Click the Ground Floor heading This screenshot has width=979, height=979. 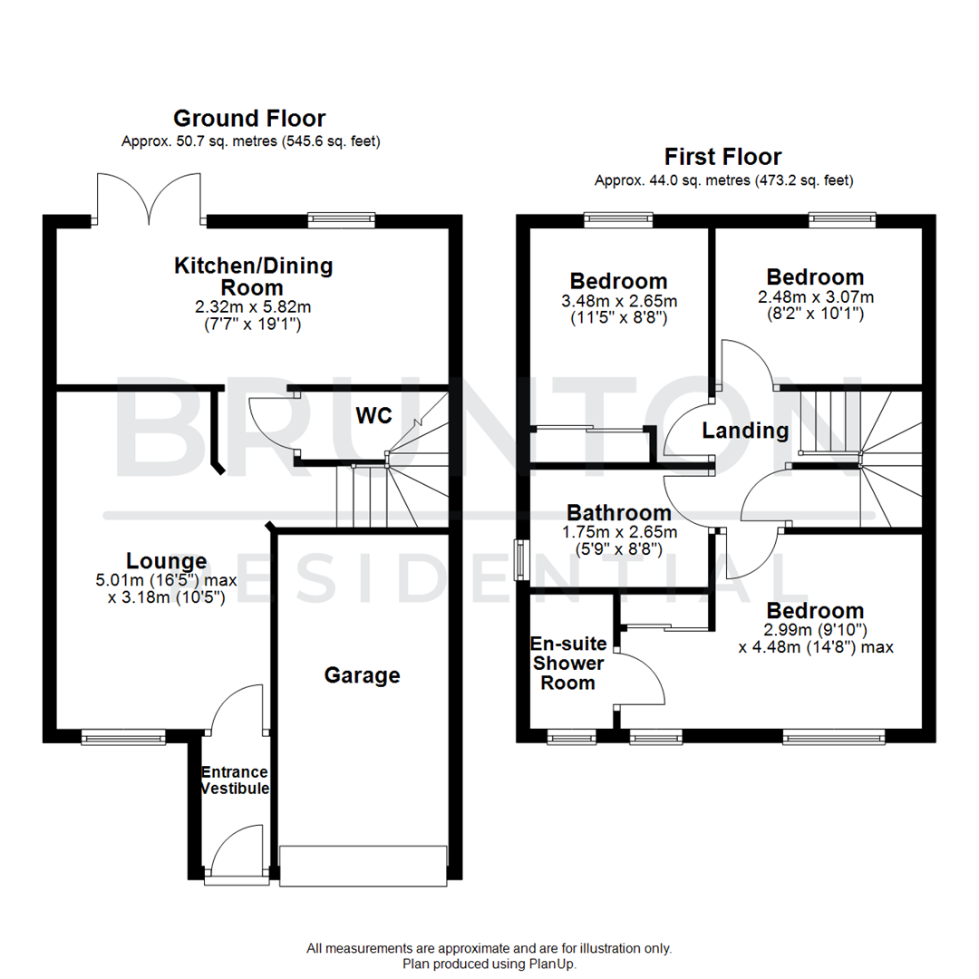(x=249, y=119)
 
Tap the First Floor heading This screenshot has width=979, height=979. (x=722, y=157)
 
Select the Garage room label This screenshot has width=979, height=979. (x=363, y=675)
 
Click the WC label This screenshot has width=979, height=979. (x=373, y=416)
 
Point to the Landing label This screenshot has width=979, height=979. (x=745, y=431)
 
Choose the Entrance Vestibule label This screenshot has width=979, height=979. (x=234, y=780)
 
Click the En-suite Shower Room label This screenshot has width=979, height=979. (x=568, y=663)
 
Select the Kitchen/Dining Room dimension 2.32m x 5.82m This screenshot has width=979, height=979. (x=253, y=307)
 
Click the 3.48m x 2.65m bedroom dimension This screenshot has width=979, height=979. (x=618, y=301)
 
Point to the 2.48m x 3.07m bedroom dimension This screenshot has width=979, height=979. (x=815, y=296)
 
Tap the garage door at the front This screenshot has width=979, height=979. (x=363, y=866)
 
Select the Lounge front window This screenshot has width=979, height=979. (x=123, y=739)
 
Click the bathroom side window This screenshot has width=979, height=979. (x=522, y=560)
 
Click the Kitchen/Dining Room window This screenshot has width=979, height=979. (x=341, y=218)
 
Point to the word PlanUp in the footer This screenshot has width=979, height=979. (x=553, y=964)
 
